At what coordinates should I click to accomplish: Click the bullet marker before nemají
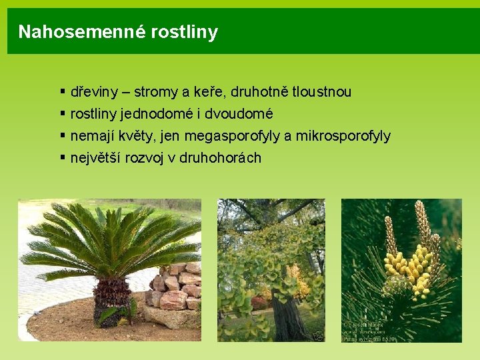(62, 135)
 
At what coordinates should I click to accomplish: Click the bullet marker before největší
(62, 157)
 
